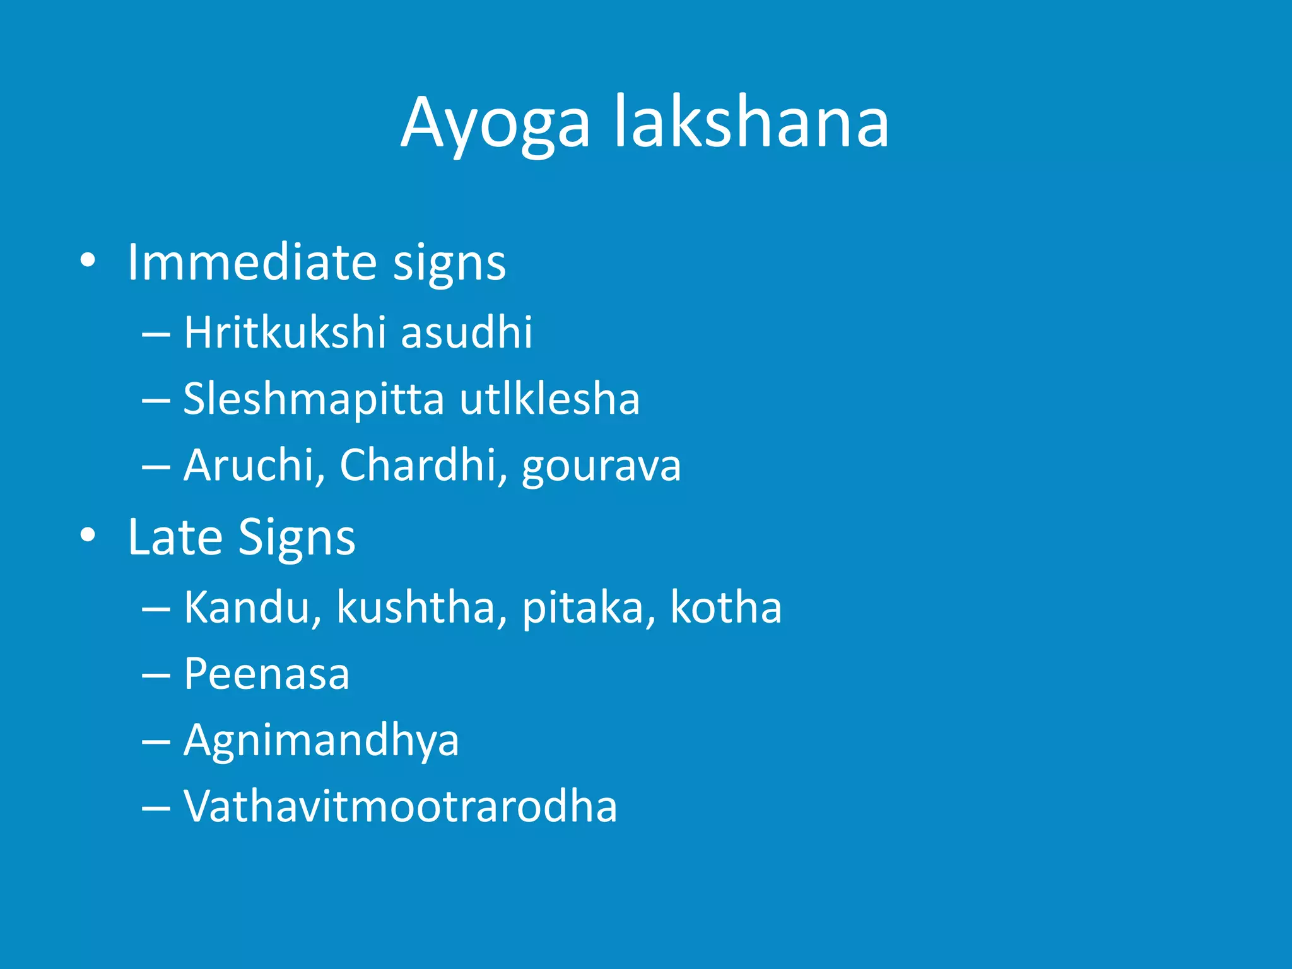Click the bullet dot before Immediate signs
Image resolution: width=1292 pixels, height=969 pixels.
click(x=88, y=261)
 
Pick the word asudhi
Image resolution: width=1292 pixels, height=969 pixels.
click(x=466, y=332)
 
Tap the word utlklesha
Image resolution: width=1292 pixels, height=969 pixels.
click(x=549, y=399)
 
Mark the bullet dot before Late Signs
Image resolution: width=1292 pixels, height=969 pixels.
click(x=88, y=536)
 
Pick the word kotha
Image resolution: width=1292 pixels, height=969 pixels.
click(x=725, y=607)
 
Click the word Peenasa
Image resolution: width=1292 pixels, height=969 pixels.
click(x=266, y=674)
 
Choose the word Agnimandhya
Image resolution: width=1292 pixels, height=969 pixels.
click(x=321, y=741)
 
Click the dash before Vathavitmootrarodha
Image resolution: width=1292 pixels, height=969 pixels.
click(x=156, y=808)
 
